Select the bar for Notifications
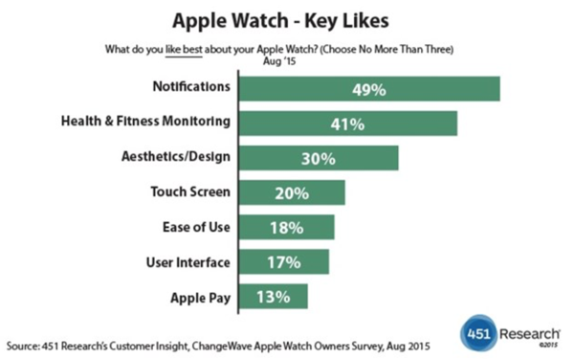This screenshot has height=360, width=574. [368, 88]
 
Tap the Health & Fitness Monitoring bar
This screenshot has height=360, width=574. [346, 124]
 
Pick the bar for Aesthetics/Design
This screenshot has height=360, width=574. [317, 158]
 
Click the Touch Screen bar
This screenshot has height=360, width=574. [291, 192]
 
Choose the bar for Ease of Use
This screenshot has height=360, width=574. [285, 227]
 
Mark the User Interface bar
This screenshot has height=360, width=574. [282, 261]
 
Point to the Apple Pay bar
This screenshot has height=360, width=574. [273, 296]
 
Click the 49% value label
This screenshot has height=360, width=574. [368, 88]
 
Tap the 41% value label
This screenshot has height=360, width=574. [346, 124]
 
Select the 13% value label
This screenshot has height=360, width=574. [273, 296]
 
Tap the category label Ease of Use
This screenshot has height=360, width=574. [196, 227]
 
